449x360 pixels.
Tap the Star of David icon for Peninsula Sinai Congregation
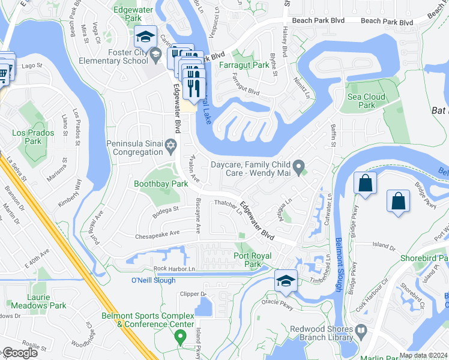pyautogui.click(x=171, y=145)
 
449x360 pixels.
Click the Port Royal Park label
pyautogui.click(x=252, y=260)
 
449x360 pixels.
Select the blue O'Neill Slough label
pyautogui.click(x=151, y=280)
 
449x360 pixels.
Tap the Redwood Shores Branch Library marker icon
pyautogui.click(x=361, y=329)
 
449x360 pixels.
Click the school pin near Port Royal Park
pyautogui.click(x=286, y=281)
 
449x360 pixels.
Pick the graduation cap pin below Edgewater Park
pyautogui.click(x=145, y=37)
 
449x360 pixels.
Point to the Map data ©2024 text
pyautogui.click(x=423, y=355)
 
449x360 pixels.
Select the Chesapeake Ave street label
pyautogui.click(x=157, y=233)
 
